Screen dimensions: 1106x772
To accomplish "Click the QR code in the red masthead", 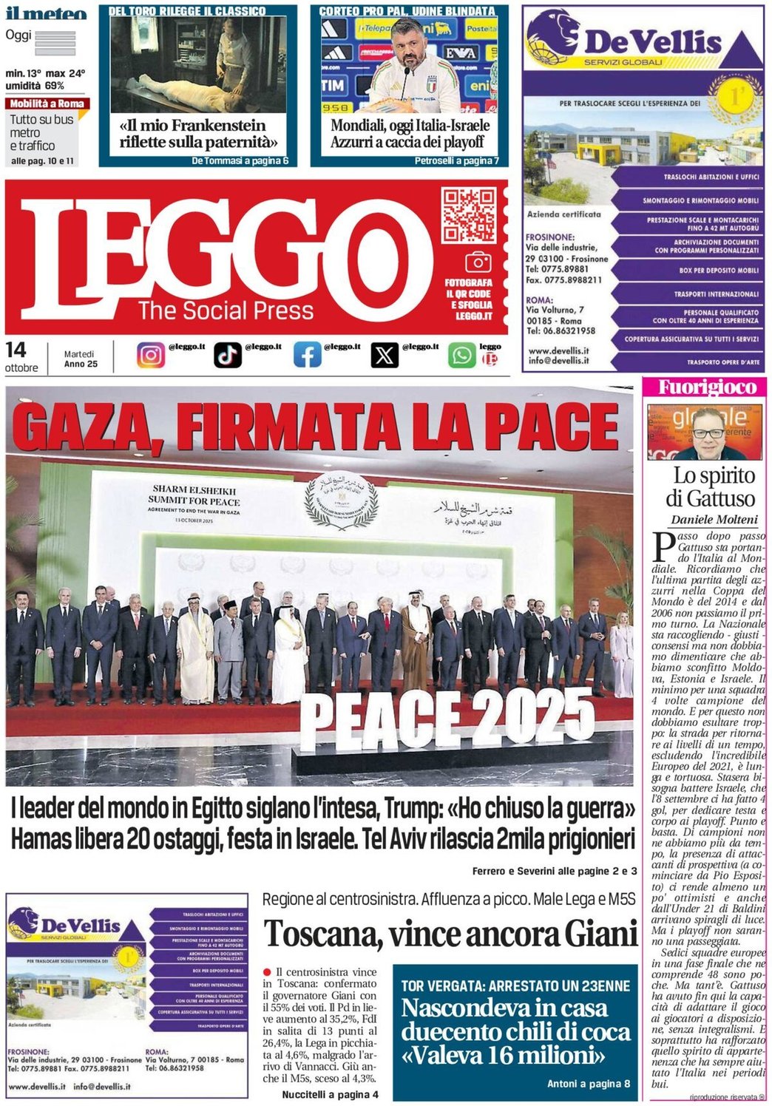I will [x=468, y=215].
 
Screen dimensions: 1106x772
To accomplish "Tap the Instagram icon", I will [x=151, y=355].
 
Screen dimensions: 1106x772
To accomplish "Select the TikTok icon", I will [x=228, y=355].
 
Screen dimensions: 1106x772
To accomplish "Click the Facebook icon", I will [x=307, y=355].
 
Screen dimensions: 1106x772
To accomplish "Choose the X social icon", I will [x=384, y=355].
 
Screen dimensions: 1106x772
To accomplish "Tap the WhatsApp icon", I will [x=461, y=355].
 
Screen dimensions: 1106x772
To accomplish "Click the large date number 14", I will [x=16, y=350].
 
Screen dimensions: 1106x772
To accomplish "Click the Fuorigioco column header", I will [x=707, y=387].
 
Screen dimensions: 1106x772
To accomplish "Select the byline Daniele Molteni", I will [x=714, y=519].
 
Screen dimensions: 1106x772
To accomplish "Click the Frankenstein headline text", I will [x=198, y=134].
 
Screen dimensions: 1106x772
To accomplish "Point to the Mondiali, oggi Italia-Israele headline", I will [x=410, y=134].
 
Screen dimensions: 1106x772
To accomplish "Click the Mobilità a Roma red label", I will [x=47, y=104].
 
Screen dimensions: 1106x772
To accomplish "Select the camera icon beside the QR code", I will [x=478, y=262].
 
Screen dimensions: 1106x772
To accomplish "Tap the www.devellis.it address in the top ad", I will [x=558, y=350].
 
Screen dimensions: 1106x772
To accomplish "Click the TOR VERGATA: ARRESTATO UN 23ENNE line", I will [x=515, y=985].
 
